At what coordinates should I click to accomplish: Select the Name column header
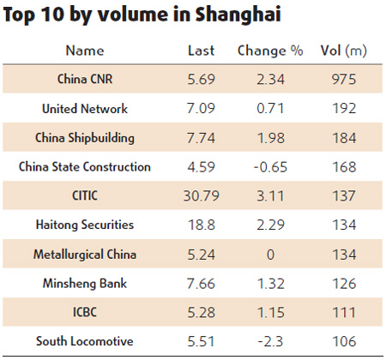84,51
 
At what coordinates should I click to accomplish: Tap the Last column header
201,51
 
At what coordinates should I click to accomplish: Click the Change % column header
270,51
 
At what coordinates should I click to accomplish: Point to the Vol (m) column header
343,51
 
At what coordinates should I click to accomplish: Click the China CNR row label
84,80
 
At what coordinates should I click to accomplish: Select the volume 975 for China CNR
343,80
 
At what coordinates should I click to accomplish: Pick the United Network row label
84,109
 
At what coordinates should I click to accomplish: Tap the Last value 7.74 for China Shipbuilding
201,138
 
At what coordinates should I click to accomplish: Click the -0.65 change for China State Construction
270,167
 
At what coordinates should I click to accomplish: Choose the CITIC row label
84,196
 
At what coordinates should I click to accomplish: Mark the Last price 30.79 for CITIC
201,196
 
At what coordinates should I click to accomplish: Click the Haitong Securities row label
84,225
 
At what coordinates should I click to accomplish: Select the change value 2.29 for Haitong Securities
270,225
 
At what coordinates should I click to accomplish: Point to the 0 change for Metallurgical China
270,255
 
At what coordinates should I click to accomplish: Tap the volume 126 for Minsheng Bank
343,284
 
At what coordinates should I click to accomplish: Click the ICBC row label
84,313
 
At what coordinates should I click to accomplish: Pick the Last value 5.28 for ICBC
201,313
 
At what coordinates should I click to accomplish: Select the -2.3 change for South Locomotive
270,341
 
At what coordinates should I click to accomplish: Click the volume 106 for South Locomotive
343,341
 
